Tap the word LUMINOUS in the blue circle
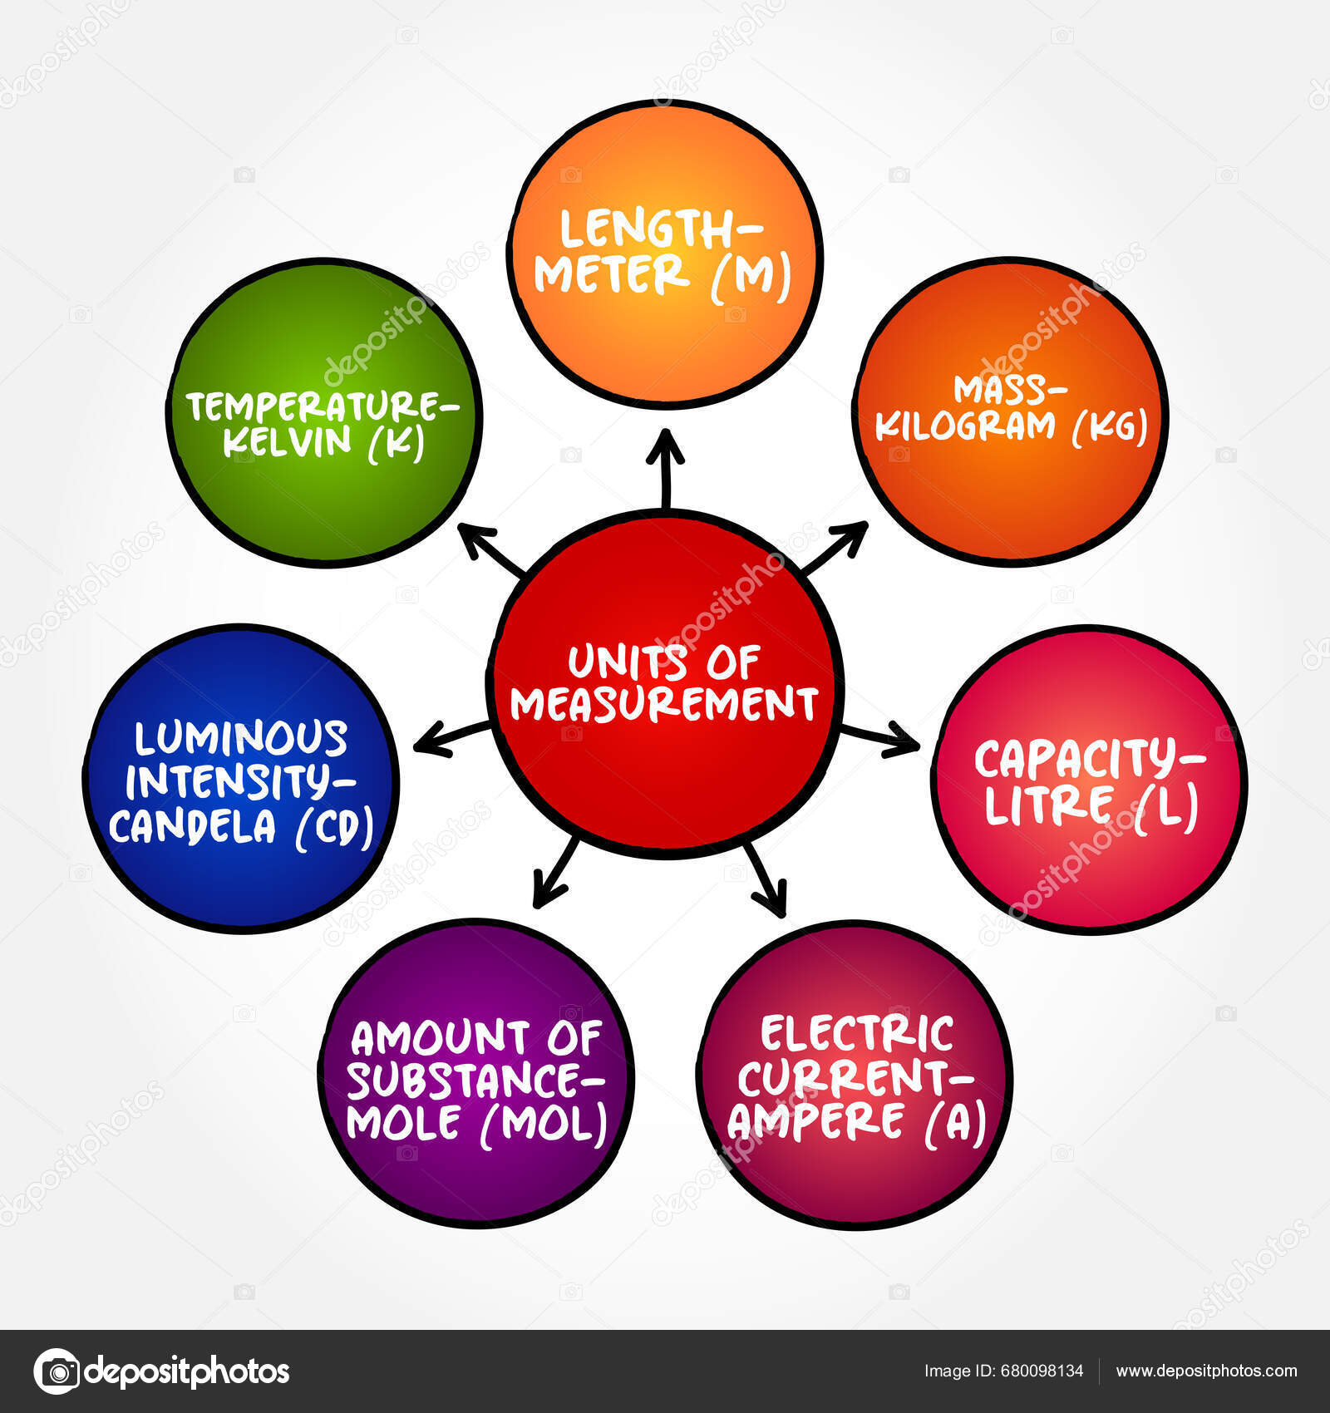(x=241, y=738)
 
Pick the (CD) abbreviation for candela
(x=334, y=826)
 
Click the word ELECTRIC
(x=856, y=1034)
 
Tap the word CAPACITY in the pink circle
(x=1081, y=759)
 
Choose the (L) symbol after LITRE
(x=1168, y=805)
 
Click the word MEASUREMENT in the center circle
(x=664, y=703)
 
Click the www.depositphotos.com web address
(x=1206, y=1371)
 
